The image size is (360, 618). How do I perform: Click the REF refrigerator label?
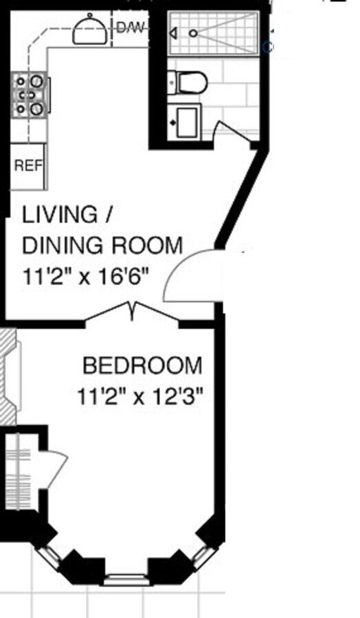[27, 166]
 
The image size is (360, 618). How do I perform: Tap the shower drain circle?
[194, 33]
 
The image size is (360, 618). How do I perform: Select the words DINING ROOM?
[103, 245]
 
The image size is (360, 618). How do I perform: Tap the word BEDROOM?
[142, 365]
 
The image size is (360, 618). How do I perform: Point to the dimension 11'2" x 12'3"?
[142, 397]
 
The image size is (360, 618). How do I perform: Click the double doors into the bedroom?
[133, 312]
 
